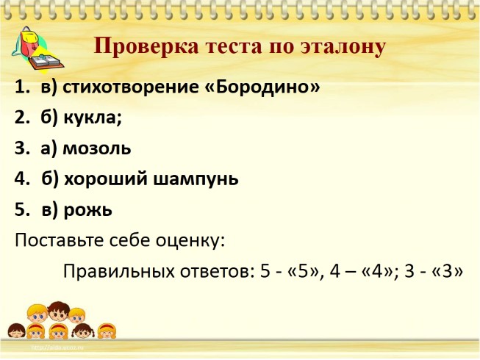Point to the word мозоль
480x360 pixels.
97,148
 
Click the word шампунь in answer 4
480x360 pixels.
196,179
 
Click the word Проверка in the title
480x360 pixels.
146,47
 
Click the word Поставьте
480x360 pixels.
60,240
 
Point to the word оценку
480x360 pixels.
190,241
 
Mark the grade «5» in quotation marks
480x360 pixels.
304,271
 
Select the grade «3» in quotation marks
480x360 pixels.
447,271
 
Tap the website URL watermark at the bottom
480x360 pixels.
57,348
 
